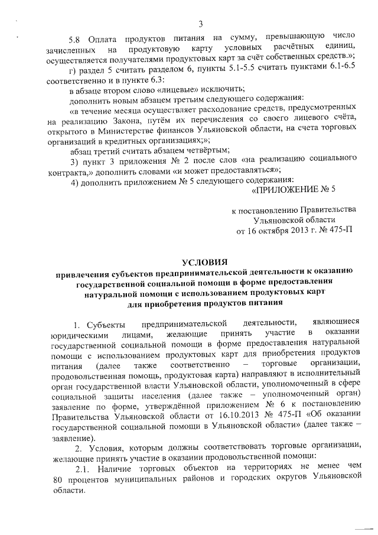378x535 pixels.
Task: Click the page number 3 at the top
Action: (200, 24)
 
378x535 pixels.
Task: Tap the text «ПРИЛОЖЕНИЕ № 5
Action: (294, 189)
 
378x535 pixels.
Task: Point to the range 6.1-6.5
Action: (341, 68)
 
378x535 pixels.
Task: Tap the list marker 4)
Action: (74, 180)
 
